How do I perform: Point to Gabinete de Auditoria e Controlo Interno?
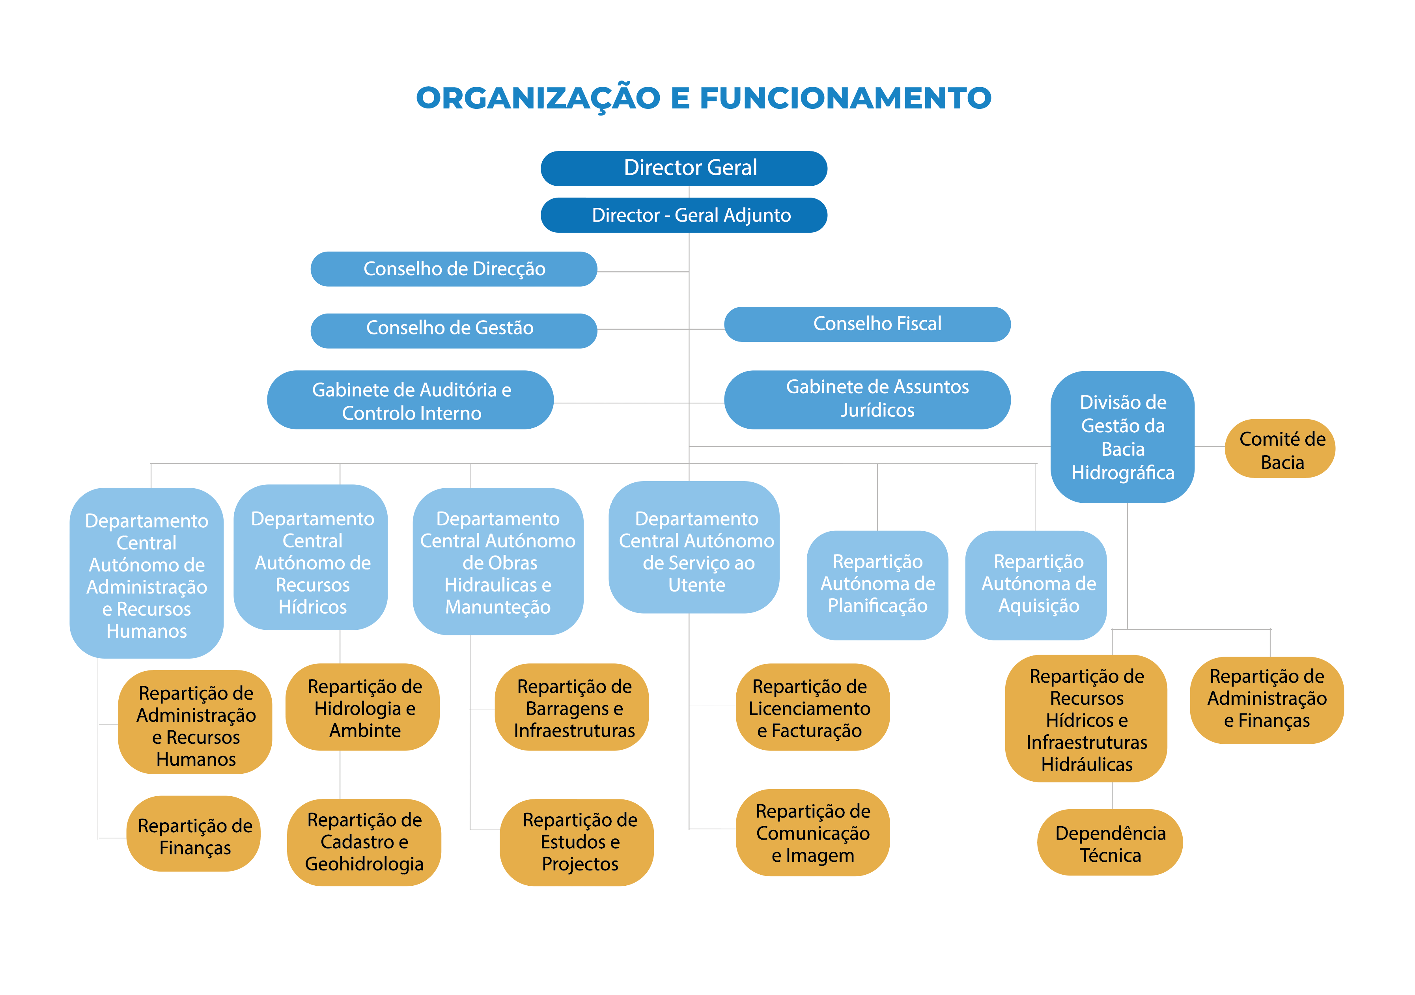click(411, 400)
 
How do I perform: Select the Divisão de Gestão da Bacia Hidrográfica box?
click(1122, 437)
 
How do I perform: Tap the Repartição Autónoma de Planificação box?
click(877, 584)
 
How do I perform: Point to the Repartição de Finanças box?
click(194, 833)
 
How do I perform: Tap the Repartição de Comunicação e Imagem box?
click(812, 832)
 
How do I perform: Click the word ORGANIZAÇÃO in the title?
click(538, 99)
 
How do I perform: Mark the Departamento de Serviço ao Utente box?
click(694, 547)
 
